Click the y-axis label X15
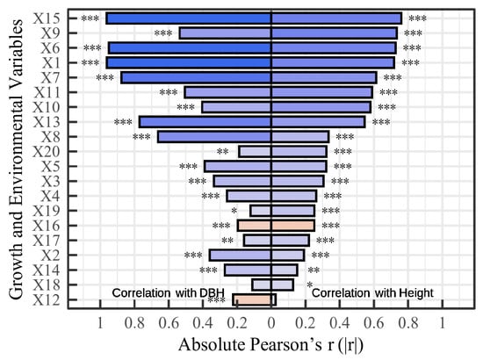pos(47,18)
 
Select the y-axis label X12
pos(47,299)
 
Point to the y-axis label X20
pos(47,151)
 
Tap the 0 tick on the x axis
pos(271,320)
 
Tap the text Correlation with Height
pos(371,292)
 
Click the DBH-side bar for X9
pos(225,32)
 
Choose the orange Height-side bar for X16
pos(292,226)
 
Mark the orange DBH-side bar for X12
pos(251,299)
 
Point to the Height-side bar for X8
pos(299,136)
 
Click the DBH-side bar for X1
pos(188,62)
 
